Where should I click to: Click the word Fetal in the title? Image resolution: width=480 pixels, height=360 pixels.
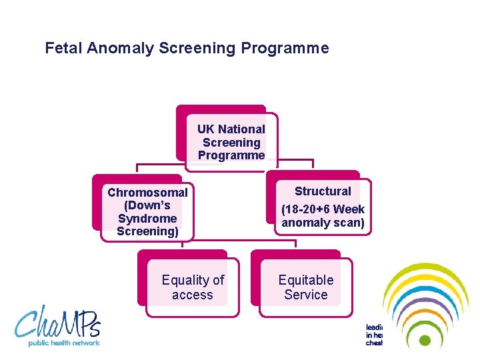click(61, 48)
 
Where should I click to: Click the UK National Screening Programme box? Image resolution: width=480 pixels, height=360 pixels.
click(231, 142)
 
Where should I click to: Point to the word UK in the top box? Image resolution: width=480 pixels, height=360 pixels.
click(206, 129)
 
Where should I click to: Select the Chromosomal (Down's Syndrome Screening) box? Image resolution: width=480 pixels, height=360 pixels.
click(147, 211)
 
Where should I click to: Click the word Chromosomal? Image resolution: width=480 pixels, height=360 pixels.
click(147, 193)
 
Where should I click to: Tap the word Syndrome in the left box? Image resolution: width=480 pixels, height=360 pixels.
click(147, 219)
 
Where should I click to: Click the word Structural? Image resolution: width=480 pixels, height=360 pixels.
click(323, 191)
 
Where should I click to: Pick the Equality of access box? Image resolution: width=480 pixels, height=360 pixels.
click(193, 287)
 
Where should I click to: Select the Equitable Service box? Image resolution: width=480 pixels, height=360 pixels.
click(305, 287)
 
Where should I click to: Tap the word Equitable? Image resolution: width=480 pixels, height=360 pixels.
click(305, 280)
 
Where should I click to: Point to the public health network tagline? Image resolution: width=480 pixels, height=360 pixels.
click(63, 343)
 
